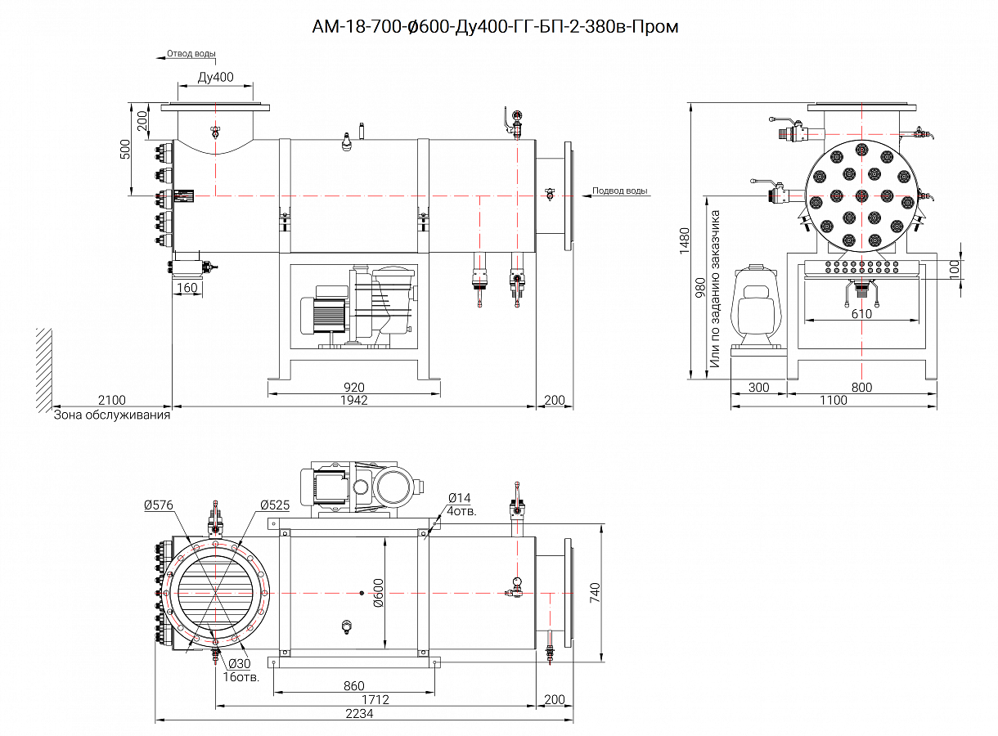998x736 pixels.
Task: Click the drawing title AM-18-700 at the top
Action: coord(495,27)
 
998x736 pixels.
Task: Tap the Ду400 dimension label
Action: coord(215,78)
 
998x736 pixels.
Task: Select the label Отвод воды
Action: coord(191,54)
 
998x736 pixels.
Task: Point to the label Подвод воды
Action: coord(620,191)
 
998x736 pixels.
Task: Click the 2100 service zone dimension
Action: coord(111,400)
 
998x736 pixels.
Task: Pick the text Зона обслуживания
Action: coord(112,415)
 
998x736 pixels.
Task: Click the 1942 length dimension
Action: coord(354,400)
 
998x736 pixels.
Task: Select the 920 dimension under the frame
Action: coord(354,387)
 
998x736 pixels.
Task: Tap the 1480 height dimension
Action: coord(685,241)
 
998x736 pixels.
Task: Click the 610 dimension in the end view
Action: coord(861,313)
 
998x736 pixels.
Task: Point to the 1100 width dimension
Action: coord(832,400)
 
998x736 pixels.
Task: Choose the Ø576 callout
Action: coord(158,505)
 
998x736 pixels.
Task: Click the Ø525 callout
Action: coord(275,505)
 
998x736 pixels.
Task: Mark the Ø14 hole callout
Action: coord(460,498)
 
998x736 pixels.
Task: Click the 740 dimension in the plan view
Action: coord(596,591)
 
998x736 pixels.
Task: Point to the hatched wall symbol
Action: coord(44,368)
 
